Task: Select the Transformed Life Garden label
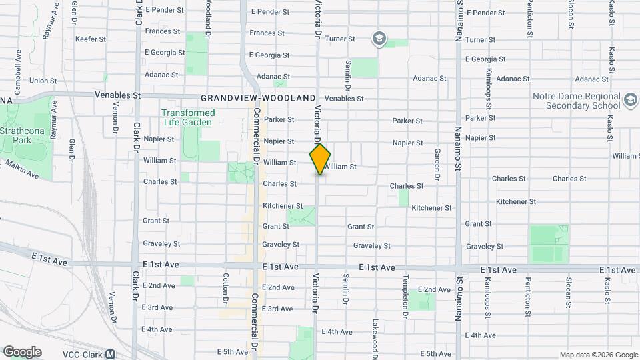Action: point(187,117)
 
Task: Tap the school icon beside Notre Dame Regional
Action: point(630,100)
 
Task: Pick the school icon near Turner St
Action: point(379,39)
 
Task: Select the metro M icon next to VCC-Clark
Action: point(110,354)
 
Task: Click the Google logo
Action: point(22,352)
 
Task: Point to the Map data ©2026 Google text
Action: point(599,355)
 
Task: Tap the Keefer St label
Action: point(90,39)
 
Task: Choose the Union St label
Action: point(43,81)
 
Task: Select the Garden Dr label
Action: point(438,164)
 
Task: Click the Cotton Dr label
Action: point(226,287)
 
